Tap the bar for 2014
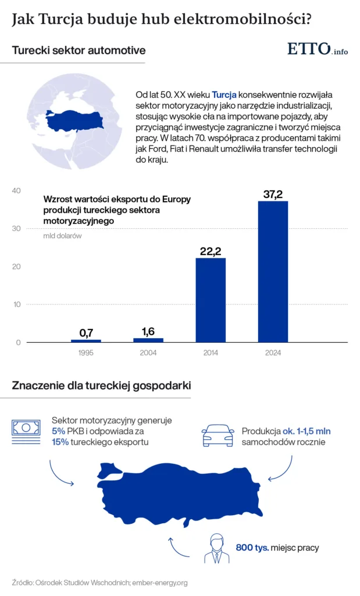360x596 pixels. pyautogui.click(x=211, y=300)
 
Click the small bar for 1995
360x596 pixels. pyautogui.click(x=86, y=340)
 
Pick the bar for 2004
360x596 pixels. pyautogui.click(x=148, y=340)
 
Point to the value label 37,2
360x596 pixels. pyautogui.click(x=273, y=194)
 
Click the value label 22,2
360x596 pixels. pyautogui.click(x=211, y=251)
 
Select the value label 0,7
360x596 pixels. pyautogui.click(x=86, y=332)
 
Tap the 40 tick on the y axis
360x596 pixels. pyautogui.click(x=16, y=191)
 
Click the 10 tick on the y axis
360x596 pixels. pyautogui.click(x=16, y=304)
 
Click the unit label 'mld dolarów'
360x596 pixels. pyautogui.click(x=62, y=236)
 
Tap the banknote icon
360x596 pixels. pyautogui.click(x=26, y=428)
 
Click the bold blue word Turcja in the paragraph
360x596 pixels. pyautogui.click(x=224, y=94)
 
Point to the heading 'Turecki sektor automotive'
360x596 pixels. pyautogui.click(x=79, y=51)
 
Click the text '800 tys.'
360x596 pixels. pyautogui.click(x=252, y=548)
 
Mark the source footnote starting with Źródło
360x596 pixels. pyautogui.click(x=99, y=582)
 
